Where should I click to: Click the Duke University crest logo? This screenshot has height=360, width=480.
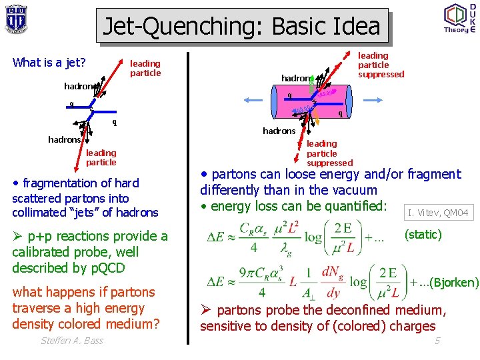[x=16, y=18]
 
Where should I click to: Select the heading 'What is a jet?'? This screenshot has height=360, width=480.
[x=49, y=63]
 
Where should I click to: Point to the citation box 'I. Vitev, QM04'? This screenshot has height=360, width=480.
[x=438, y=213]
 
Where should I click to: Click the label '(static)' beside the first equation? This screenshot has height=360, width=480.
[x=423, y=235]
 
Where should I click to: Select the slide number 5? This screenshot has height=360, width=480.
[x=437, y=341]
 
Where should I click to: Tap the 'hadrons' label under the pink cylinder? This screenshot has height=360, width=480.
[x=279, y=131]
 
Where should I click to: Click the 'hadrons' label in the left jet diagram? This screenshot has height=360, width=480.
[x=64, y=139]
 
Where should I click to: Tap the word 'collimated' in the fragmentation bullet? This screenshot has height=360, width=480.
[x=41, y=213]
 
